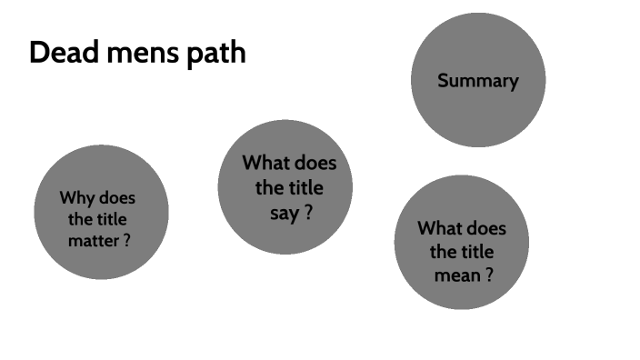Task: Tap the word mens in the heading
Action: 137,53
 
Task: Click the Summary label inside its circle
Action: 477,81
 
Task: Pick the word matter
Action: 93,242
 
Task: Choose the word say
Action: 285,215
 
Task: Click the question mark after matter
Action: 126,242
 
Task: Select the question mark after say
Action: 309,215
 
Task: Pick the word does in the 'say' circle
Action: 315,164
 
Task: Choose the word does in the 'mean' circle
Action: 486,228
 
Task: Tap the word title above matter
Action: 112,220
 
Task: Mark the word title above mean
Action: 480,252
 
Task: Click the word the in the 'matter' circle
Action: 80,220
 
